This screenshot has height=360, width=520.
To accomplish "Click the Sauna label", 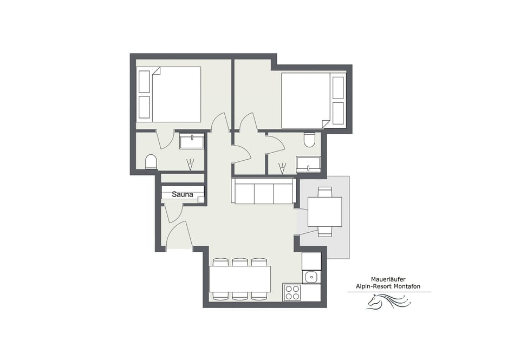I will [x=183, y=194].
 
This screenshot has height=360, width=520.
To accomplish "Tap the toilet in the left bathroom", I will [x=151, y=161].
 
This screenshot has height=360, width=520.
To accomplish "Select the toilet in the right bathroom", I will [x=309, y=140].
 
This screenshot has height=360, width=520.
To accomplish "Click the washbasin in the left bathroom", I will [x=192, y=141].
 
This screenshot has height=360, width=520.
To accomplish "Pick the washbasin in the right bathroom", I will [x=308, y=164].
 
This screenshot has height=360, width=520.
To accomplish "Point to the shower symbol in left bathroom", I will [x=190, y=165].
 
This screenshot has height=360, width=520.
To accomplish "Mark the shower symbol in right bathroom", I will [x=282, y=168].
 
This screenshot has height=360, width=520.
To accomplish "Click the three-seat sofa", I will [x=263, y=191].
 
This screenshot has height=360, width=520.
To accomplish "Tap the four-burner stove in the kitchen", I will [x=292, y=292].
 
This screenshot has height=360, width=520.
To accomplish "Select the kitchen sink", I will [x=311, y=277].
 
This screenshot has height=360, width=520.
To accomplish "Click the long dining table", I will [x=240, y=279].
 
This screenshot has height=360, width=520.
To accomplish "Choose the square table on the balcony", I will [x=324, y=212].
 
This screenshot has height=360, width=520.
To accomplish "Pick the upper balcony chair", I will [x=324, y=192].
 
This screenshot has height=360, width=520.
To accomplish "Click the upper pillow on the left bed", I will [x=144, y=81].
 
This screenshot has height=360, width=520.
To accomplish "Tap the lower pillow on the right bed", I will [x=338, y=113].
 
